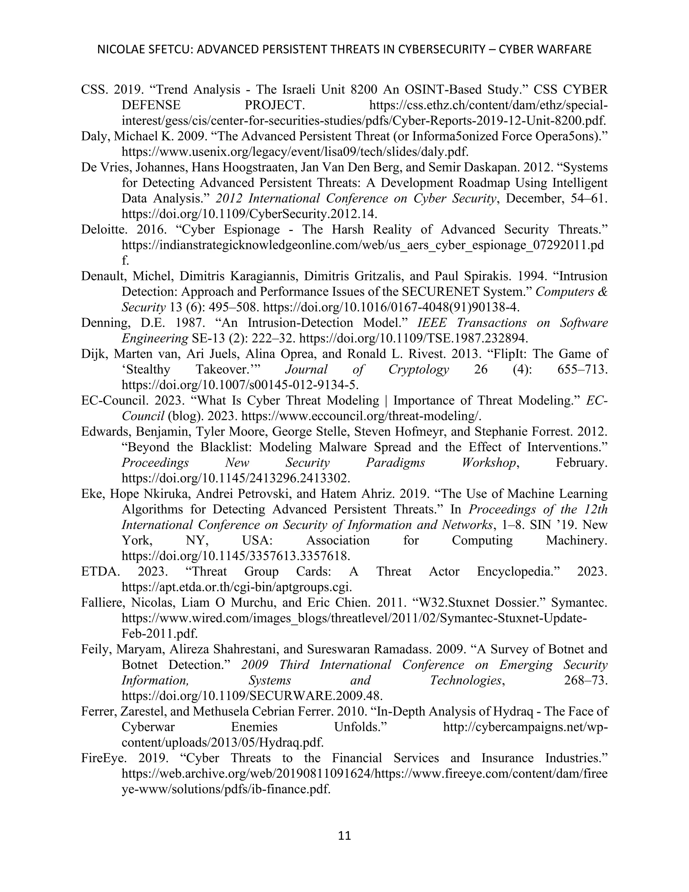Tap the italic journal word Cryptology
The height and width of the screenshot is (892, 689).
click(419, 369)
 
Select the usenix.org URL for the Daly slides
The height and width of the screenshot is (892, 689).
click(295, 152)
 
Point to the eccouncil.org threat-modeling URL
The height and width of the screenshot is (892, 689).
click(362, 416)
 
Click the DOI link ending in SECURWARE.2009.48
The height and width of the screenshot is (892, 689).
click(252, 695)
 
